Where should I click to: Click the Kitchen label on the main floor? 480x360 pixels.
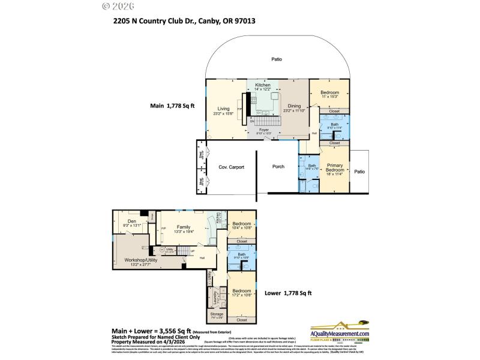263,85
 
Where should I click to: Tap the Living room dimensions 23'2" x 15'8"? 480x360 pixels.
223,114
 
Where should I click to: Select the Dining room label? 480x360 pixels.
295,106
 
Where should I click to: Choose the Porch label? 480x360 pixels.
278,166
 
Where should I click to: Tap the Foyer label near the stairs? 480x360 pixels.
263,129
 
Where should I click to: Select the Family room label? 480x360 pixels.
183,227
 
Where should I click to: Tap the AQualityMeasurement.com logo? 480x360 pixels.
340,333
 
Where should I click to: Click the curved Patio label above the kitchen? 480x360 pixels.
276,59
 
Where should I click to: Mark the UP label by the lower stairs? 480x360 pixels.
175,251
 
